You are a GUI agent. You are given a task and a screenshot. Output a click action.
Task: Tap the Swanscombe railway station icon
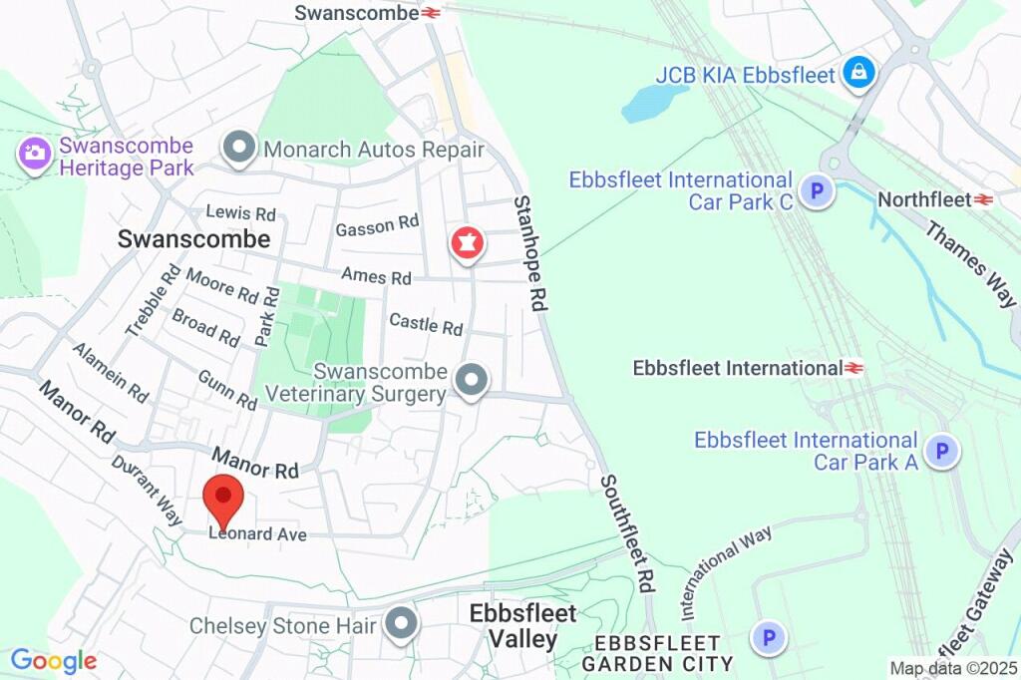pyautogui.click(x=432, y=13)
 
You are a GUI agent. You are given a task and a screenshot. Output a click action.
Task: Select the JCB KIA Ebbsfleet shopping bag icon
pyautogui.click(x=857, y=73)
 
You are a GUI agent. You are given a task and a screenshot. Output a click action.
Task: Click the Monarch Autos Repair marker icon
pyautogui.click(x=239, y=150)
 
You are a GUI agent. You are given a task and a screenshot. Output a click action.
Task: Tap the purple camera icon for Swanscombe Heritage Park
pyautogui.click(x=35, y=154)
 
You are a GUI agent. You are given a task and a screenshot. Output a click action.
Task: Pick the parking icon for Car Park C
pyautogui.click(x=817, y=190)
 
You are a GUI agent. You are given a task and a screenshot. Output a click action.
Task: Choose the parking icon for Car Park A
pyautogui.click(x=941, y=452)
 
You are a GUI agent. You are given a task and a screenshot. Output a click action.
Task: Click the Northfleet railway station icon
pyautogui.click(x=984, y=200)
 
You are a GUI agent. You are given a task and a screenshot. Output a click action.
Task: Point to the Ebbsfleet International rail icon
pyautogui.click(x=853, y=369)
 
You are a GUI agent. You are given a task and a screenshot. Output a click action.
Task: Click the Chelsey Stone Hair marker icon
pyautogui.click(x=401, y=624)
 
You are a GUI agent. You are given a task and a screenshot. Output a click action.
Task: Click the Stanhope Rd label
pyautogui.click(x=531, y=254)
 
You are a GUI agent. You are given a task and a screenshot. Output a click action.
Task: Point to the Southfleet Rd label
pyautogui.click(x=626, y=533)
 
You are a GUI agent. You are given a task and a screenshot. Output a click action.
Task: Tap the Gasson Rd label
pyautogui.click(x=377, y=226)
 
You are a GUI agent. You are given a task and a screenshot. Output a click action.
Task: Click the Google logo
pyautogui.click(x=53, y=660)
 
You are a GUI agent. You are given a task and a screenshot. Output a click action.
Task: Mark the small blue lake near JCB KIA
pyautogui.click(x=653, y=101)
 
